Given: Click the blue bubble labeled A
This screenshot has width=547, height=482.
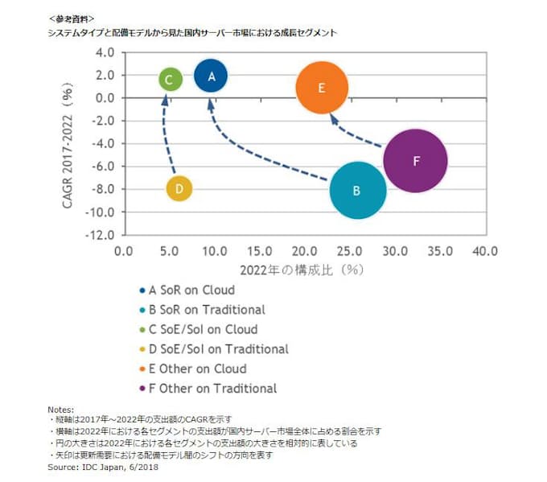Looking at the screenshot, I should pyautogui.click(x=211, y=76).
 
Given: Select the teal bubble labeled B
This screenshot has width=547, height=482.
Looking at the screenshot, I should pyautogui.click(x=358, y=191).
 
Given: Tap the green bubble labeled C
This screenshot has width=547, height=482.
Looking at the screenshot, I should pyautogui.click(x=169, y=79).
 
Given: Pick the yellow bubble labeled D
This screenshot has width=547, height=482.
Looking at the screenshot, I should pyautogui.click(x=179, y=188).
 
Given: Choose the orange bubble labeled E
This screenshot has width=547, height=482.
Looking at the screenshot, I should pyautogui.click(x=322, y=89).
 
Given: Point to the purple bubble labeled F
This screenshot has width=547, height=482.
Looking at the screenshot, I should pyautogui.click(x=415, y=160).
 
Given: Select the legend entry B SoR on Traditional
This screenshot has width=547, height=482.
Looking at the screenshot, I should pyautogui.click(x=207, y=309).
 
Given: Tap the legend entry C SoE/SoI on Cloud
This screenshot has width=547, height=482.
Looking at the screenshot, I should pyautogui.click(x=203, y=329).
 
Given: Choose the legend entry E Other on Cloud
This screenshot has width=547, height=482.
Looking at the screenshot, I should pyautogui.click(x=195, y=369).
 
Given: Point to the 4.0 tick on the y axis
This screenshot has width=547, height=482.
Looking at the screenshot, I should pyautogui.click(x=105, y=52).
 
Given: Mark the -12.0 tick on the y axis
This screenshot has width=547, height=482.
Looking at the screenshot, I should pyautogui.click(x=102, y=236).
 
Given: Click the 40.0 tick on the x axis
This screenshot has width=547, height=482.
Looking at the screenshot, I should pyautogui.click(x=485, y=251).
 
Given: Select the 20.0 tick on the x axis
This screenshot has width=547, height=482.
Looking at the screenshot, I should pyautogui.click(x=304, y=251).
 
